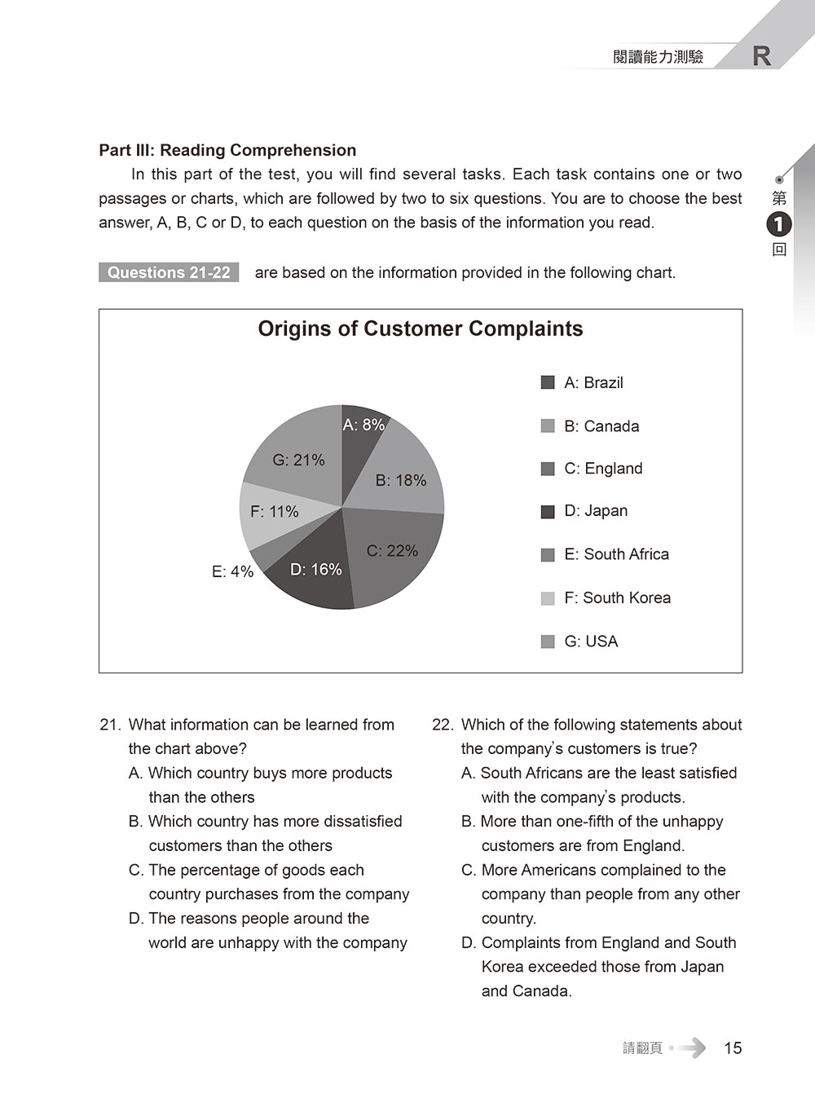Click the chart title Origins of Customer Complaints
click(x=421, y=329)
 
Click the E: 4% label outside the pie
click(x=232, y=572)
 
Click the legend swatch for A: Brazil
click(x=548, y=382)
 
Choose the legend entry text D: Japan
click(x=596, y=511)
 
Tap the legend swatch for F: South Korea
click(x=548, y=598)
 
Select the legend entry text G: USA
click(x=591, y=642)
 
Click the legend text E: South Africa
click(x=616, y=554)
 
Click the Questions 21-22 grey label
click(x=169, y=272)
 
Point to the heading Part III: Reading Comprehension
click(x=227, y=150)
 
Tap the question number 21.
click(x=109, y=725)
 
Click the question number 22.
click(x=442, y=725)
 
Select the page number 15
click(x=733, y=1048)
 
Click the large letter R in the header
click(x=762, y=56)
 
